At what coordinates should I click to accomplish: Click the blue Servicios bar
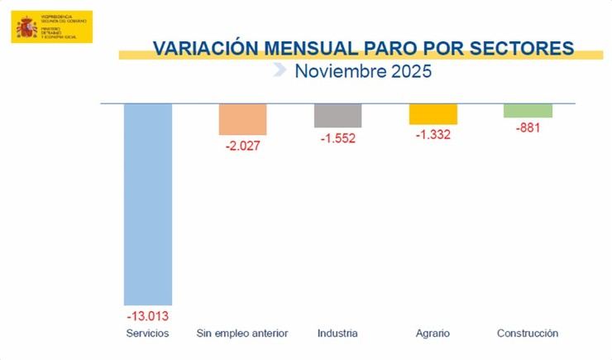tap(148, 204)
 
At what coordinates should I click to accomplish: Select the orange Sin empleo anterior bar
tap(242, 119)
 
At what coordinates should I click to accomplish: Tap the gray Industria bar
tap(337, 116)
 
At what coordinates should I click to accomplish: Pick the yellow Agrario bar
tap(433, 114)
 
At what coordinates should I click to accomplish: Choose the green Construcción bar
tap(528, 111)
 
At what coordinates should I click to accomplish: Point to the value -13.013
tap(148, 315)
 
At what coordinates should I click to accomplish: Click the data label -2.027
tap(243, 146)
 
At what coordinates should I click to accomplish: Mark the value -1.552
tap(337, 138)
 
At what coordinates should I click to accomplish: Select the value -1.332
tap(433, 135)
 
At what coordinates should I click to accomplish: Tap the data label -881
tap(528, 128)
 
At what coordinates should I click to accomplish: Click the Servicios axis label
tap(148, 334)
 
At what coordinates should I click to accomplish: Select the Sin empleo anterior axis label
tap(242, 334)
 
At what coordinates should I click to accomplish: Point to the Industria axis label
tap(337, 334)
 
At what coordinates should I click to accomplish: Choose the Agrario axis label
tap(433, 334)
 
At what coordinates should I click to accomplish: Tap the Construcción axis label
tap(528, 334)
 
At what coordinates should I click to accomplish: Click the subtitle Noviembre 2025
tap(363, 71)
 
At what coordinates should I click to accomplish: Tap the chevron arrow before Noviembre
tap(280, 71)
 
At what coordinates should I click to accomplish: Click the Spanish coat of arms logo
tap(27, 27)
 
